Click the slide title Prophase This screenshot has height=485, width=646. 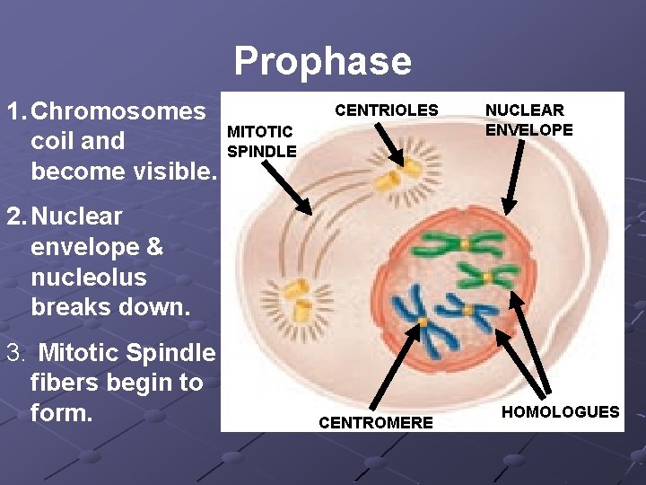click(x=322, y=61)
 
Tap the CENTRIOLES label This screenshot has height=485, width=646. click(x=386, y=110)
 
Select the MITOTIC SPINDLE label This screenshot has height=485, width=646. click(x=261, y=142)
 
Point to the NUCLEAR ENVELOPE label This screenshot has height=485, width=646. click(x=528, y=119)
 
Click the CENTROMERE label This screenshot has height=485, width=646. click(x=376, y=422)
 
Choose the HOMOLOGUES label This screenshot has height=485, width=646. click(x=560, y=411)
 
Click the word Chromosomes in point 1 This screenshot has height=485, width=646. click(x=118, y=111)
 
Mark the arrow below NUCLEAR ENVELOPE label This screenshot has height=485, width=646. click(x=516, y=176)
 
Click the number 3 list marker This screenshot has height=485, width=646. click(x=13, y=353)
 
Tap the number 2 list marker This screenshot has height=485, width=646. click(x=13, y=216)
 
